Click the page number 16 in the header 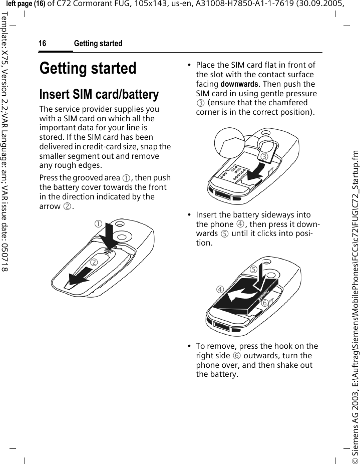43,44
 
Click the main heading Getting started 88,68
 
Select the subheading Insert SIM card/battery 99,94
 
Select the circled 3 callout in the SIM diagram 263,157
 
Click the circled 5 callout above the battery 254,269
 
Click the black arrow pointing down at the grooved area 110,236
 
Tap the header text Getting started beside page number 98,44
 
